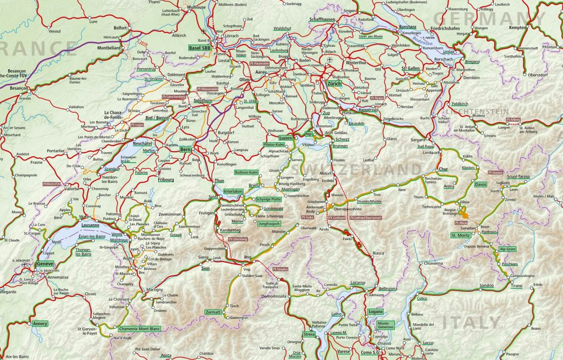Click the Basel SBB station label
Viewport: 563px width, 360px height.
(200, 48)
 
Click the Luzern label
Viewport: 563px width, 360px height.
(285, 138)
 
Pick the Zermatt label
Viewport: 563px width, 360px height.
(213, 312)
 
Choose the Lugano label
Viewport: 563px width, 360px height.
(376, 312)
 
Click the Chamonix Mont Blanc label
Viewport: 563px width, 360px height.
(139, 329)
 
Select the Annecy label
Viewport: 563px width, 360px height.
(40, 324)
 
